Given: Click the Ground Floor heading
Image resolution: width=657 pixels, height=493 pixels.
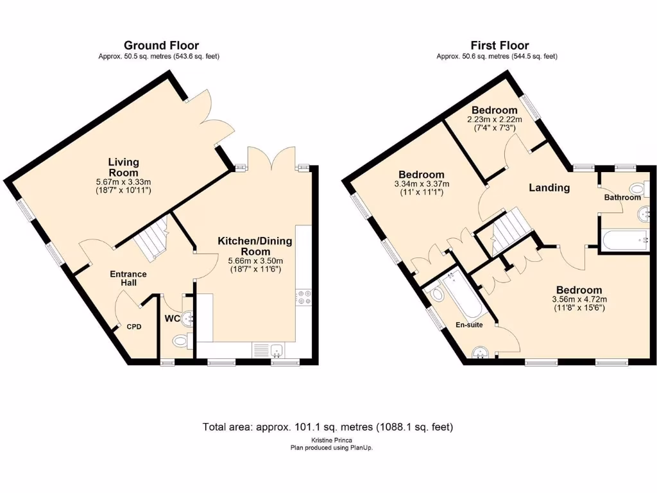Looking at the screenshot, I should [161, 45].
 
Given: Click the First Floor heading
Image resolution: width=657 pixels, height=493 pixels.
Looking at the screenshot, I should [499, 45].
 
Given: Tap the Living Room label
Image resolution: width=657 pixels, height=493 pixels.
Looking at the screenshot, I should [123, 167].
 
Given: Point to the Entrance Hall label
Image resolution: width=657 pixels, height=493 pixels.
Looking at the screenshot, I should [128, 279].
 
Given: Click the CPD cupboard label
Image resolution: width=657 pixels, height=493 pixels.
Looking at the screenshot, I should [133, 327].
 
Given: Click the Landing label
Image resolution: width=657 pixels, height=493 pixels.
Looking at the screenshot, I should [549, 187].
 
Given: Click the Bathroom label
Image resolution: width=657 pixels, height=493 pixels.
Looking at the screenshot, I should [622, 198].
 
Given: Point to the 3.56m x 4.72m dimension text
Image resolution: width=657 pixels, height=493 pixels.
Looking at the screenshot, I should [579, 299].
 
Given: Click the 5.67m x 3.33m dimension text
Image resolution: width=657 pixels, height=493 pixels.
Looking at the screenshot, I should [123, 182].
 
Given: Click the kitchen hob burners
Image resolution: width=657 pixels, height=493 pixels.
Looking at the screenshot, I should [303, 297].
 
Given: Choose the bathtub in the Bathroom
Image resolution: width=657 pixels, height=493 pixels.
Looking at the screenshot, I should [626, 241].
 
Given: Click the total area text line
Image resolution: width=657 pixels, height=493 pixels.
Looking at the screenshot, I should [328, 426].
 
